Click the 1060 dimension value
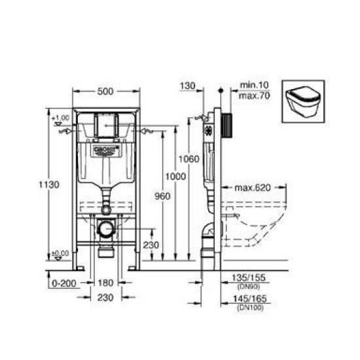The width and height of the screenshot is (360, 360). point(190,158)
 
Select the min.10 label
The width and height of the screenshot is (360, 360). point(251,85)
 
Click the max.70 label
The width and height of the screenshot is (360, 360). point(251,95)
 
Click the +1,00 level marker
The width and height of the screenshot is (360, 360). point(62,118)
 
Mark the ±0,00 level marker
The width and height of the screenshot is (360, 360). point(61,253)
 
